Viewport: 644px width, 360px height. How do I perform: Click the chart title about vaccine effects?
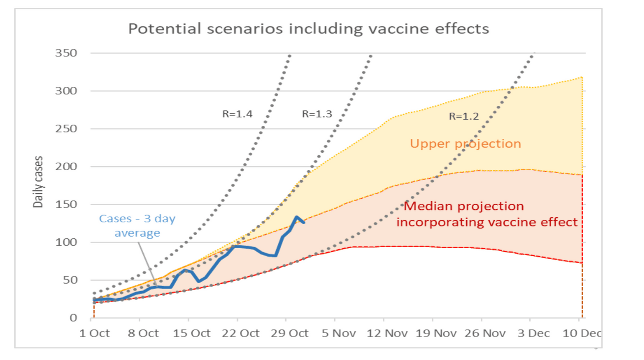tap(309, 28)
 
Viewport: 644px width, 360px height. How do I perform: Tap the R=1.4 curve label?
tap(237, 114)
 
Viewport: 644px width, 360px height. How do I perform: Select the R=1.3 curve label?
tap(317, 114)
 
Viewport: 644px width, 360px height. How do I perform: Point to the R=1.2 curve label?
tap(464, 117)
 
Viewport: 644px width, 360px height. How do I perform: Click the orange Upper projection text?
tap(465, 144)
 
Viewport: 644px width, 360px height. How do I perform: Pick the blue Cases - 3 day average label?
tap(137, 226)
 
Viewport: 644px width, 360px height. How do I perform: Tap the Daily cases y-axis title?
tap(38, 182)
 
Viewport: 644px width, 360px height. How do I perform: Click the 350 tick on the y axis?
tap(65, 53)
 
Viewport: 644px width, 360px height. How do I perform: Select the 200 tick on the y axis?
tap(65, 166)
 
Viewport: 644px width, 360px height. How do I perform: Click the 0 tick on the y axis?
tap(73, 318)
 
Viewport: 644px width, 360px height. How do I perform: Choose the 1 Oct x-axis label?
tap(94, 333)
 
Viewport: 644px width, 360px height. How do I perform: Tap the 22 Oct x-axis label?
tap(241, 333)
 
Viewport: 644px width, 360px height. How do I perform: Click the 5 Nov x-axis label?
tap(337, 333)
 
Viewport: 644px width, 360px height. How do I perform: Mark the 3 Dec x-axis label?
tap(530, 333)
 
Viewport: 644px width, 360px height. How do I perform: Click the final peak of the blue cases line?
tap(297, 217)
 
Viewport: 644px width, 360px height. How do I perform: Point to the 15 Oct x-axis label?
tap(192, 333)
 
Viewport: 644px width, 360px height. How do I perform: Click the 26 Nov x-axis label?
tap(481, 333)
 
